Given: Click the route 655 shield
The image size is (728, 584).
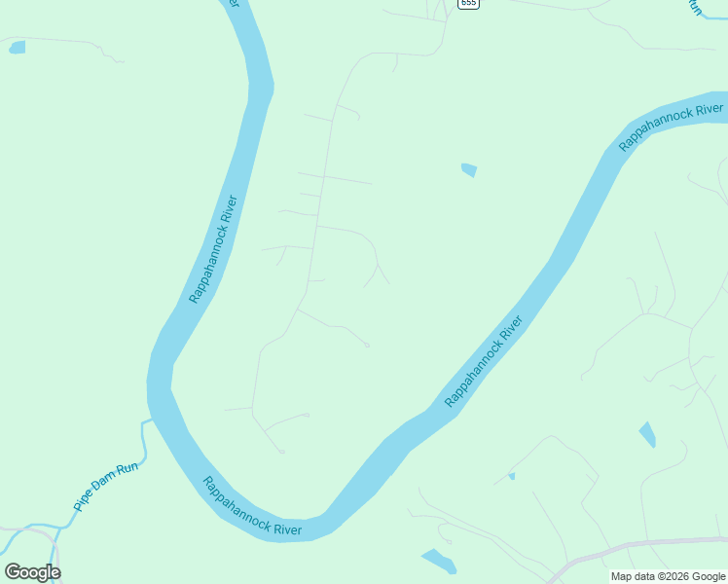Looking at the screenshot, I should pos(469,4).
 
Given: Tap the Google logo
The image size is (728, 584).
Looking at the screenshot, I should pos(32,571).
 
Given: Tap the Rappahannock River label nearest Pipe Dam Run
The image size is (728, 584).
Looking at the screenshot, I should pos(252,507).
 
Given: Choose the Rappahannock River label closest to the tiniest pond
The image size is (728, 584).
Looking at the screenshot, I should pos(484,361).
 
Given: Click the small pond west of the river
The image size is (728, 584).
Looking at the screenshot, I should pos(17,47).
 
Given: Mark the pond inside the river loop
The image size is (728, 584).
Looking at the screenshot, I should pos(469,170).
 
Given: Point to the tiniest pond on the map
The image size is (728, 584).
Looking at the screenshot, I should pos(511,476).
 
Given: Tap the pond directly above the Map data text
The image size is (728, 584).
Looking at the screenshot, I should pos(647,434).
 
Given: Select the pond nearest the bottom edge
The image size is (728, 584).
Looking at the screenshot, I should pos(439,561).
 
